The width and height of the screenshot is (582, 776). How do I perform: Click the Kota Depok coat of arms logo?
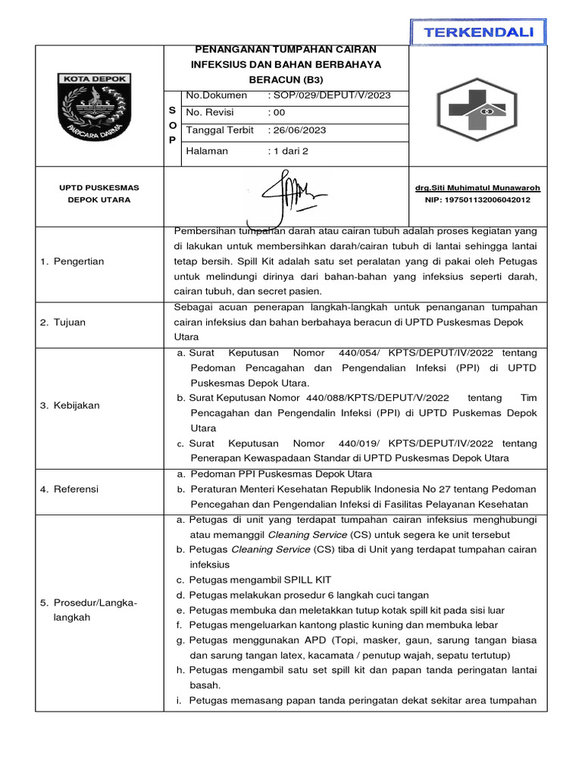pos(97,106)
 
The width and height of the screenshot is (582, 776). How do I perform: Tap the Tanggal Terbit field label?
pos(220,130)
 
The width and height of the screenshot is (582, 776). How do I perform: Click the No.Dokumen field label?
pos(217,95)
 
